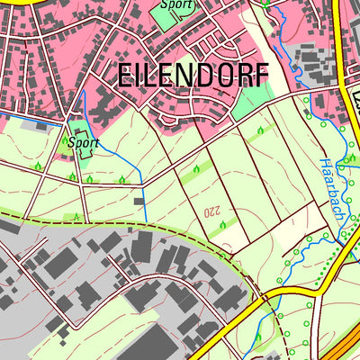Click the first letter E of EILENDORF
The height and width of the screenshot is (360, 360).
tap(125, 76)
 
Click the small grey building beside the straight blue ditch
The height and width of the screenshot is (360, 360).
tap(138, 202)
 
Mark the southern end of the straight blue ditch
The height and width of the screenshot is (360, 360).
tap(146, 222)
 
